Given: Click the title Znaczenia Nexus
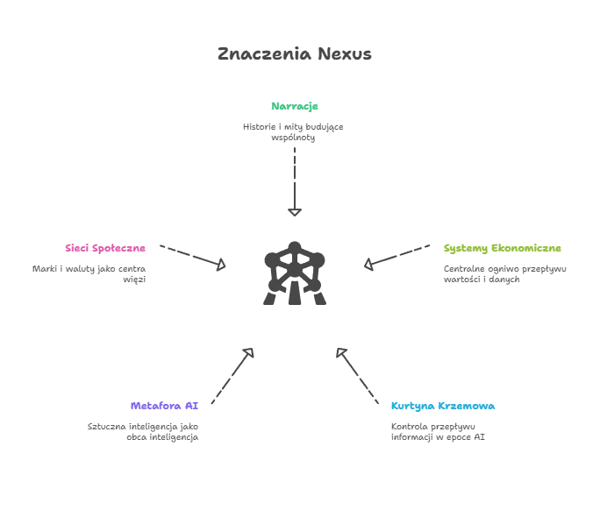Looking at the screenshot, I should [295, 54].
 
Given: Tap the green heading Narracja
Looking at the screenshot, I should [295, 106].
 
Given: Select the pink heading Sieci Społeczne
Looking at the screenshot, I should [104, 248].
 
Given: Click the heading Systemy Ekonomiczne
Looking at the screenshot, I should [503, 248].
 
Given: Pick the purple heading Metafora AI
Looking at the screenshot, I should [164, 406].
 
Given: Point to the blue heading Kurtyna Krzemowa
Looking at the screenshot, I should [443, 406].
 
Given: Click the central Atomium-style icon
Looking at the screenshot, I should [295, 273].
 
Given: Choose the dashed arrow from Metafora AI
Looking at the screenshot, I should [232, 376].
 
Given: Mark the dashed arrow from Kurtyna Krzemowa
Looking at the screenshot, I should [358, 376].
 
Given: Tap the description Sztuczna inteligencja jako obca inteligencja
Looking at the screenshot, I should [143, 431].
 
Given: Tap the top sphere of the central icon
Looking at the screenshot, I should [295, 248].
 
